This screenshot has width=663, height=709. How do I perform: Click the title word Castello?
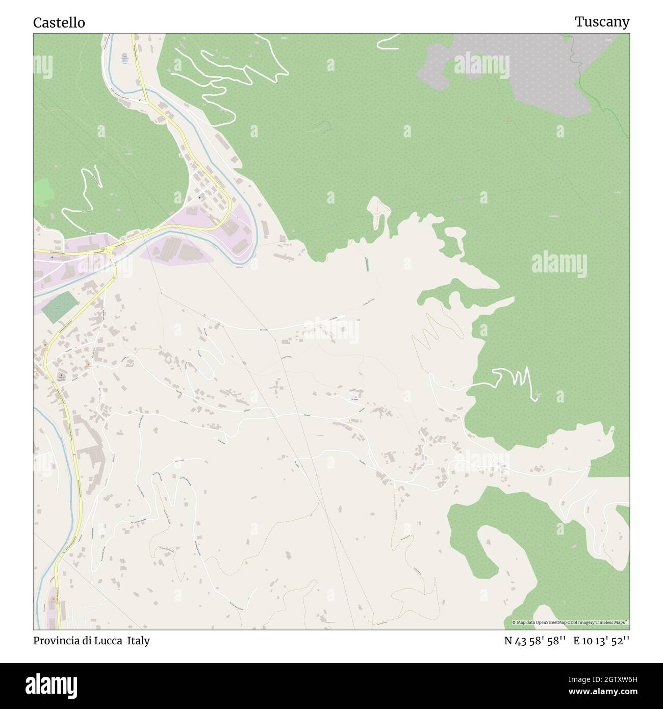tap(59, 23)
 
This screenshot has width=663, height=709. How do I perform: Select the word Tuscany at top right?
tap(602, 22)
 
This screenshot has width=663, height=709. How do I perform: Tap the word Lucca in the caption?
tap(109, 641)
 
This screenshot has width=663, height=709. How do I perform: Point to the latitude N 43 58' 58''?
tap(535, 641)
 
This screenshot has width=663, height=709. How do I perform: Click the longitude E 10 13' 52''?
tap(601, 641)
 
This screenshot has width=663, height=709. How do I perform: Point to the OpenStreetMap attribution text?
tap(570, 622)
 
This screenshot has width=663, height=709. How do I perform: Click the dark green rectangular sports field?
tap(60, 307)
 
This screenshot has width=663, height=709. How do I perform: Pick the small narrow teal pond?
tap(366, 264)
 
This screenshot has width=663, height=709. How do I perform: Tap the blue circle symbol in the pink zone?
tap(52, 258)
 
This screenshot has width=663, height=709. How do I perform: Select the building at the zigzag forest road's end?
tap(538, 394)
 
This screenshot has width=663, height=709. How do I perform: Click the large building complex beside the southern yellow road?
tap(92, 454)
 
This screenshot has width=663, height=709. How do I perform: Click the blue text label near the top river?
tap(124, 60)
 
